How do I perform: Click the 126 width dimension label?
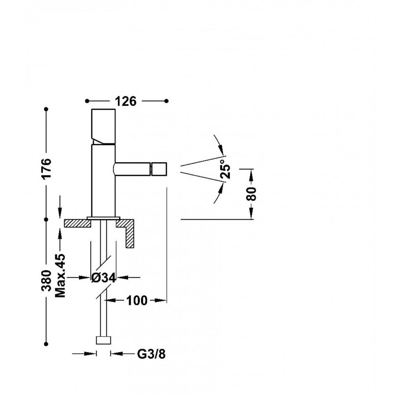click(126, 101)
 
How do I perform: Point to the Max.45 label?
click(60, 275)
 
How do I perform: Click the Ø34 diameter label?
click(103, 278)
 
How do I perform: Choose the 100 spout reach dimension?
click(137, 300)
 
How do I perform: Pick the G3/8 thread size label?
click(151, 354)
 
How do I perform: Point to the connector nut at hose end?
click(103, 340)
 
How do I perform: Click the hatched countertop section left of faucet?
click(77, 223)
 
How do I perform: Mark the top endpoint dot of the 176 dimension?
click(46, 109)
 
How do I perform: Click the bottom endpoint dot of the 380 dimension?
click(46, 344)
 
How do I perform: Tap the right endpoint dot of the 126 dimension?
click(166, 101)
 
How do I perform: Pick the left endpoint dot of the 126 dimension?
click(87, 101)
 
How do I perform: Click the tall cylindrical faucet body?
click(103, 180)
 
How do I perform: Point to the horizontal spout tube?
click(132, 169)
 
